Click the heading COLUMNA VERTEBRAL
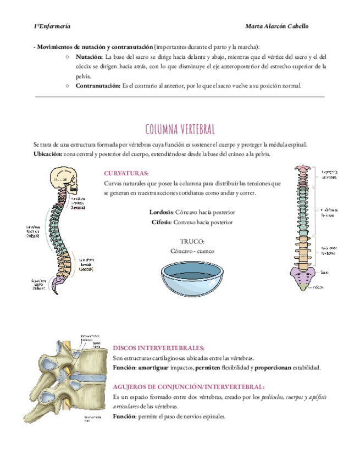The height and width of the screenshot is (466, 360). [180, 129]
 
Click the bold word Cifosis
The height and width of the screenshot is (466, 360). [163, 223]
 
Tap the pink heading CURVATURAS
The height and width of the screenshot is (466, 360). [126, 173]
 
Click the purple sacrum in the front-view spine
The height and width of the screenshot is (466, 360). [301, 275]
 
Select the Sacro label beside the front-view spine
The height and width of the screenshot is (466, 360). [325, 271]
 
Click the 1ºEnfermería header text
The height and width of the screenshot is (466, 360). [52, 26]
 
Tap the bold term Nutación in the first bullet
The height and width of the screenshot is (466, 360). [89, 57]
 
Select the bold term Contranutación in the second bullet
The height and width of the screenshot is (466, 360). [98, 86]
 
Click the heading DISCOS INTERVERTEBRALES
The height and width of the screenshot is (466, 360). [158, 348]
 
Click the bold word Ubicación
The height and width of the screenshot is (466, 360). [48, 154]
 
